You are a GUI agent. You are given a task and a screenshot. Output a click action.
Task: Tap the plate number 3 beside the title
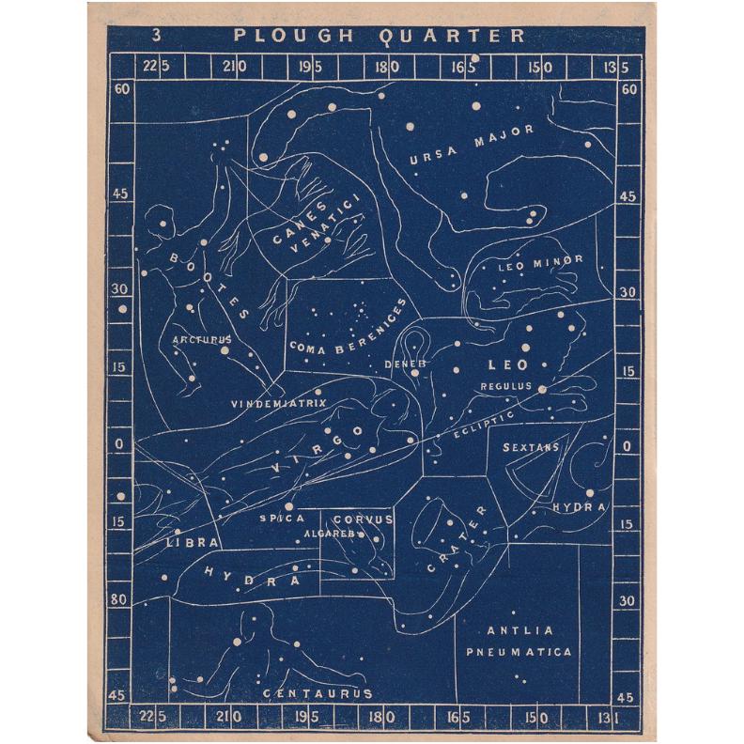(x=155, y=36)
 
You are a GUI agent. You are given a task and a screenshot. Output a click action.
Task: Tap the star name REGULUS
(x=505, y=385)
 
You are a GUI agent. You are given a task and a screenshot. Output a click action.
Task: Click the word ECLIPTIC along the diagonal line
(x=483, y=426)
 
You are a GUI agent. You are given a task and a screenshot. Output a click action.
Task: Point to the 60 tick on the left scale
(x=120, y=89)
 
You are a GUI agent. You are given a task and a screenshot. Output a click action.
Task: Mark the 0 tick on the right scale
(x=628, y=445)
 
